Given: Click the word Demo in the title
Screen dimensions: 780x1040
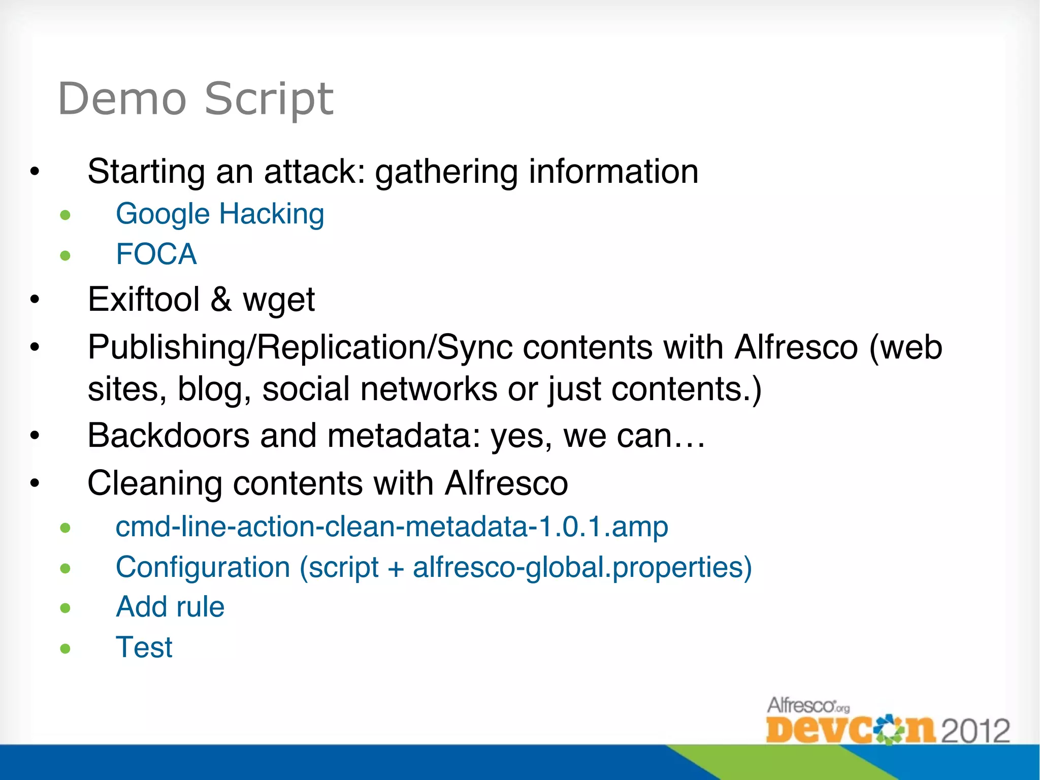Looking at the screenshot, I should point(122,99).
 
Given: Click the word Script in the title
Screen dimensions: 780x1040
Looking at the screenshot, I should point(269,100).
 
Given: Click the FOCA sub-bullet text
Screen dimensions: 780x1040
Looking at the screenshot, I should point(156,254).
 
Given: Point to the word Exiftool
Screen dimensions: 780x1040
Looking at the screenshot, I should point(144,299).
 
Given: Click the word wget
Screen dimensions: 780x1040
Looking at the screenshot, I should point(279,300).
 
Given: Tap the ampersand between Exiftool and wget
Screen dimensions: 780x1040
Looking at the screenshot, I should point(221,299).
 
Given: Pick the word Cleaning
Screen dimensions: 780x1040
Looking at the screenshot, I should point(155,483).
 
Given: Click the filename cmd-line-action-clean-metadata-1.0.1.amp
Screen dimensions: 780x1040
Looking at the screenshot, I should point(392,527).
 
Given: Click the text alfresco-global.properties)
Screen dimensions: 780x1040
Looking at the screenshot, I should point(582,567).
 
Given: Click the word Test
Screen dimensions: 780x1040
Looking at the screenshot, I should point(144,647).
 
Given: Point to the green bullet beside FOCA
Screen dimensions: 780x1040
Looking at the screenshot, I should point(65,255).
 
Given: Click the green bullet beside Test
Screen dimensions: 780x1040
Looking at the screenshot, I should point(65,648).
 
